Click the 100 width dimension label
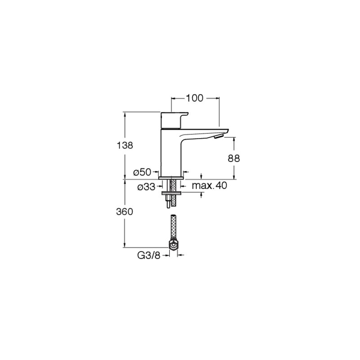click(x=194, y=98)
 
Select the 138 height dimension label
click(x=125, y=145)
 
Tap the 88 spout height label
click(x=234, y=158)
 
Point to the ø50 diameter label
click(x=142, y=172)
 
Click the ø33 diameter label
click(x=147, y=187)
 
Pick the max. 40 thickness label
click(x=209, y=185)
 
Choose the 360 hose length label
click(x=125, y=211)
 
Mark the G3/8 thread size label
click(x=148, y=255)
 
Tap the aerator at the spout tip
click(x=218, y=137)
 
